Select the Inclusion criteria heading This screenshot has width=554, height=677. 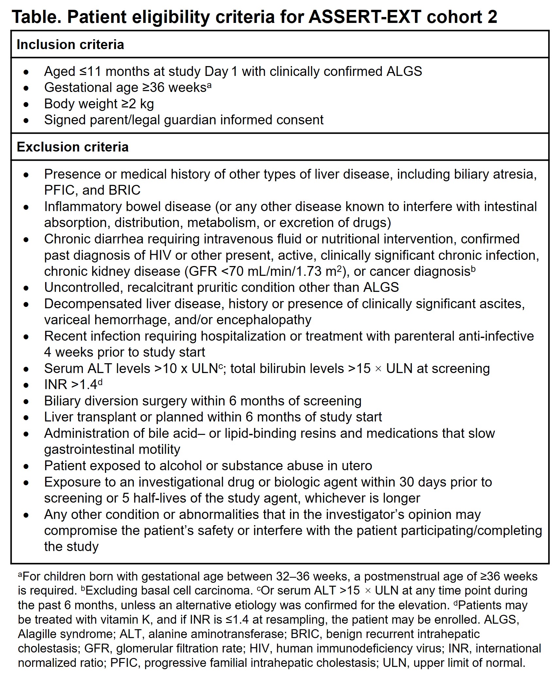point(70,45)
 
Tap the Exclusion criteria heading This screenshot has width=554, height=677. point(73,147)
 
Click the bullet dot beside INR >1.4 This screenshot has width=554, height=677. point(26,385)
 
